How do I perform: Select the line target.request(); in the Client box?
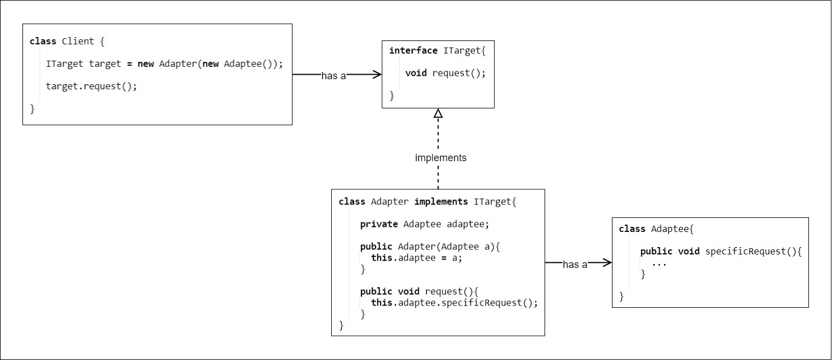[x=92, y=86]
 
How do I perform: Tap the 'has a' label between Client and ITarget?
[x=333, y=76]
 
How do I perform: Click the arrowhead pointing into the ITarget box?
[x=376, y=74]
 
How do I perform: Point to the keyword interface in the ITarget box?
[x=413, y=51]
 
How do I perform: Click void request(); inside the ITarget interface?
[x=445, y=73]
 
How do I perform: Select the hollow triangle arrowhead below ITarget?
[x=438, y=113]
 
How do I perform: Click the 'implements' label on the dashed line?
[x=441, y=158]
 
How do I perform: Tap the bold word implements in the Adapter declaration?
[x=441, y=202]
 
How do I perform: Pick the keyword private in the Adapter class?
[x=379, y=224]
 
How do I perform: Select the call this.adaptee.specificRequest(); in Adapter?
[x=454, y=303]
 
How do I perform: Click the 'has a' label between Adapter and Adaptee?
[x=575, y=265]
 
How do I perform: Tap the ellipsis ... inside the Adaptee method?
[x=659, y=263]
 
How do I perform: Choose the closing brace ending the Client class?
[x=32, y=109]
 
